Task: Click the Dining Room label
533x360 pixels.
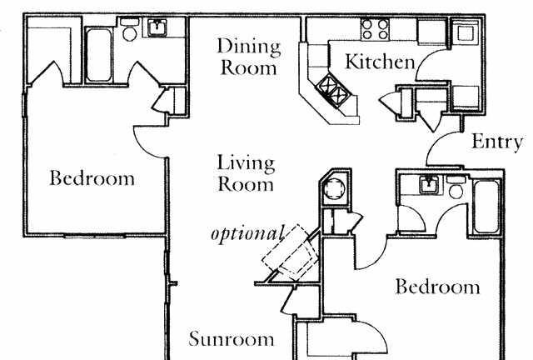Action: pyautogui.click(x=249, y=57)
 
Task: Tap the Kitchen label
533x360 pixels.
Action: pyautogui.click(x=380, y=62)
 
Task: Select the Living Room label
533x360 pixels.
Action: pyautogui.click(x=246, y=172)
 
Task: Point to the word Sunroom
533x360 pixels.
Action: pyautogui.click(x=232, y=338)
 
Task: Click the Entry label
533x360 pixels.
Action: pyautogui.click(x=497, y=142)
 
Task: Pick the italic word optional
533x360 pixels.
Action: pyautogui.click(x=247, y=234)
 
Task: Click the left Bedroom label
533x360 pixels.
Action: pyautogui.click(x=92, y=178)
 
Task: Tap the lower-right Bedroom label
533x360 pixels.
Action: pyautogui.click(x=438, y=287)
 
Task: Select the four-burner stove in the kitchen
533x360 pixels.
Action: pyautogui.click(x=375, y=29)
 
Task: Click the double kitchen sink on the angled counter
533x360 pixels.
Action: pyautogui.click(x=333, y=90)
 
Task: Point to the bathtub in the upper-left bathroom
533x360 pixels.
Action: pyautogui.click(x=98, y=55)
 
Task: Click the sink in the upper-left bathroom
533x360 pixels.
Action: pyautogui.click(x=157, y=27)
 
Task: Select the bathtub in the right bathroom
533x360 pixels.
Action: pyautogui.click(x=486, y=207)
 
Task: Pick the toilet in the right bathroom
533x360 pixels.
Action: pyautogui.click(x=456, y=187)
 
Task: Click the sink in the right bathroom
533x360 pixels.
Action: pyautogui.click(x=429, y=185)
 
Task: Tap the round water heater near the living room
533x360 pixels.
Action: pyautogui.click(x=334, y=190)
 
